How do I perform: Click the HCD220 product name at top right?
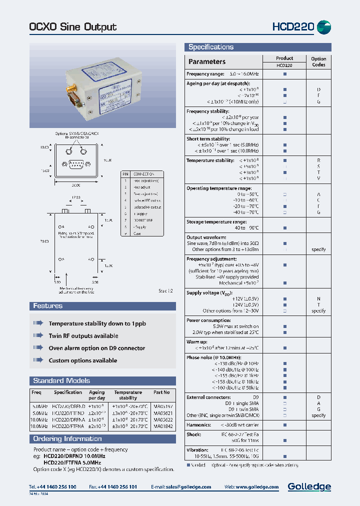(x=293, y=26)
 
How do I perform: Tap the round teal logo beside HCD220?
(x=324, y=26)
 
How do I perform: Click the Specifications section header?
(x=210, y=47)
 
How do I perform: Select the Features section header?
(x=48, y=305)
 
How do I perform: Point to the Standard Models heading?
(x=61, y=380)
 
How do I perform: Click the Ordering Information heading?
(x=67, y=438)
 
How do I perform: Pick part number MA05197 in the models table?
(x=162, y=406)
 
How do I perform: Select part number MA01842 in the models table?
(x=162, y=426)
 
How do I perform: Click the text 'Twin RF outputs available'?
(x=83, y=336)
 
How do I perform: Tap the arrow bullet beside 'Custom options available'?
(x=38, y=360)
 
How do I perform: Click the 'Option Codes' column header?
(x=318, y=61)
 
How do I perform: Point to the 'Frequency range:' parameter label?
(x=205, y=74)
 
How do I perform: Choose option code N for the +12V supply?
(x=318, y=298)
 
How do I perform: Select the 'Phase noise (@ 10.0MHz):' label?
(x=213, y=357)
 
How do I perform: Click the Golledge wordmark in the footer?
(x=309, y=486)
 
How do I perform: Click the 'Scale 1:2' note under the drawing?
(x=165, y=290)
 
